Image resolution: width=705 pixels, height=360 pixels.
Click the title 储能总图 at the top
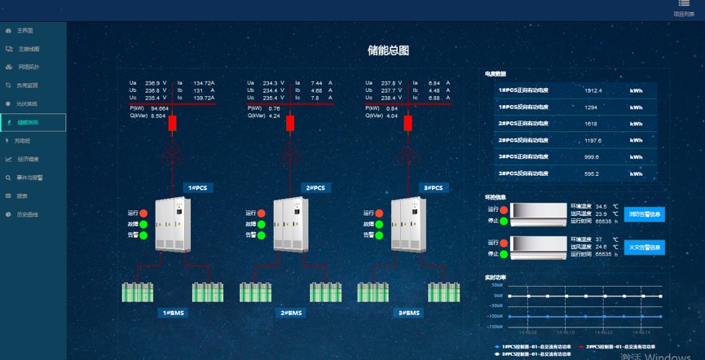[388, 50]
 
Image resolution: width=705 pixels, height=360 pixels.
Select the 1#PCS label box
[198, 188]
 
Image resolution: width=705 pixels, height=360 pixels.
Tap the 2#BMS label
[291, 313]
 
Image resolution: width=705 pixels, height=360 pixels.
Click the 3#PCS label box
[433, 188]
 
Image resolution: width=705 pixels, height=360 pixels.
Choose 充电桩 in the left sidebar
[21, 141]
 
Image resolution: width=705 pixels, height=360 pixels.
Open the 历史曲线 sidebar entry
[28, 214]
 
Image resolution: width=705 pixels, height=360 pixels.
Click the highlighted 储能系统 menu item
[28, 122]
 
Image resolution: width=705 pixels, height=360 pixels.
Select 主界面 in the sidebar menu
[24, 30]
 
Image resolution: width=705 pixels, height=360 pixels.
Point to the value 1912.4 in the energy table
[593, 90]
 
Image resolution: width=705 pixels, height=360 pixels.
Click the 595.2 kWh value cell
[592, 173]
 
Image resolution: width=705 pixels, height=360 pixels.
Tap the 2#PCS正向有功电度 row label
[523, 124]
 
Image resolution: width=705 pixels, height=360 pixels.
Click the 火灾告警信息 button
[646, 247]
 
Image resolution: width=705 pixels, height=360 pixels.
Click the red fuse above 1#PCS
[172, 124]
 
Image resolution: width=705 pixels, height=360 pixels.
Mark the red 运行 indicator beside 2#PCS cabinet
[262, 213]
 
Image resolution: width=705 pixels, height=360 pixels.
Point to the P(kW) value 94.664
[160, 108]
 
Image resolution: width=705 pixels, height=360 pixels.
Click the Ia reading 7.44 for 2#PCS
[317, 83]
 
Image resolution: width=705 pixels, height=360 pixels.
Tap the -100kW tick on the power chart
[494, 316]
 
